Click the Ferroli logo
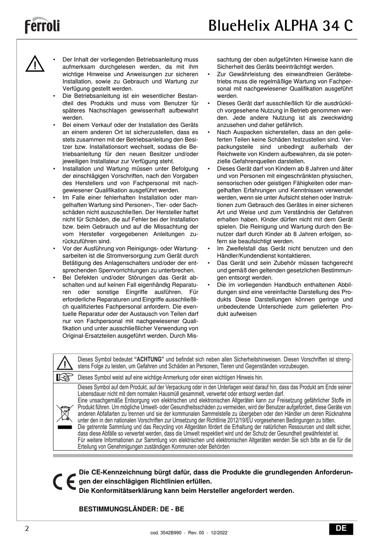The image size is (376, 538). coord(42,26)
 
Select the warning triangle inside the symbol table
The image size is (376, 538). coord(65,363)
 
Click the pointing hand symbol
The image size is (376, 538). coord(65,377)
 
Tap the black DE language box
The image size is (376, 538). coord(341,529)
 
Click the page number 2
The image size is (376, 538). coord(27,529)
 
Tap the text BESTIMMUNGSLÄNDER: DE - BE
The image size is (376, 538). coord(132,509)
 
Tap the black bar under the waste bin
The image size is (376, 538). coord(64,428)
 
